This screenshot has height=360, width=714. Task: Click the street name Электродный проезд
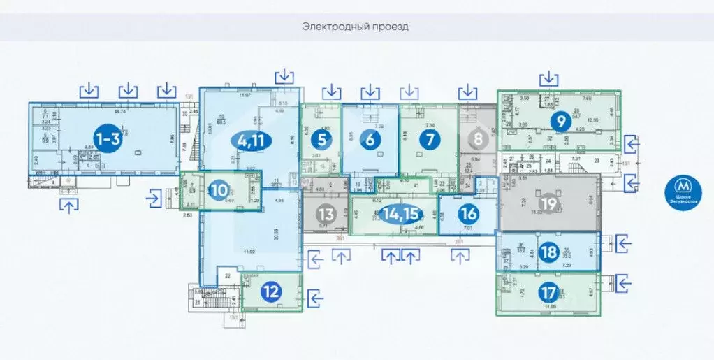[x=355, y=27]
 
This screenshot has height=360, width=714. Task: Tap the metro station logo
[x=683, y=188]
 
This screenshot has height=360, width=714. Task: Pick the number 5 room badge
[x=321, y=139]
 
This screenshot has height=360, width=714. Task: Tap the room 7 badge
[x=429, y=139]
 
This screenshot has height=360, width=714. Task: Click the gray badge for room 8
[x=478, y=139]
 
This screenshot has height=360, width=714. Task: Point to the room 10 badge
[x=219, y=189]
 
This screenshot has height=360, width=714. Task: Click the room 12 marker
[x=271, y=292]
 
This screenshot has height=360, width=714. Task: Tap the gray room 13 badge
[x=326, y=214]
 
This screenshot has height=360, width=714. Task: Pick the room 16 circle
[x=469, y=214]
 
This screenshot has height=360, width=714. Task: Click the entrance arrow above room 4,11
[x=285, y=75]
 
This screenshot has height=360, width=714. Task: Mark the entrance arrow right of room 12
[x=316, y=298]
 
